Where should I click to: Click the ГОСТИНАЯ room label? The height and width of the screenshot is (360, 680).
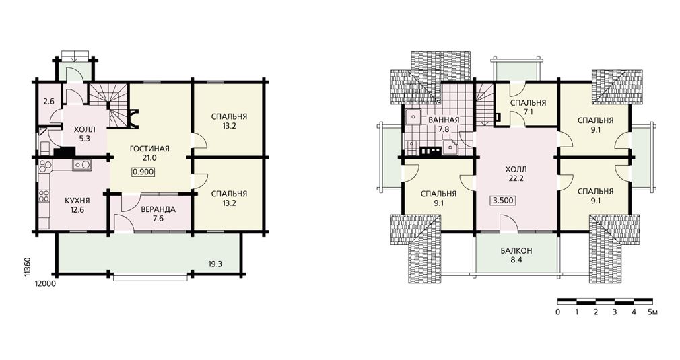click(x=149, y=149)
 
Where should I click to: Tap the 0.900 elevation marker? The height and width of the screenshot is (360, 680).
click(x=143, y=172)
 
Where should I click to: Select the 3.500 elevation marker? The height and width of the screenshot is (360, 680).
click(x=504, y=200)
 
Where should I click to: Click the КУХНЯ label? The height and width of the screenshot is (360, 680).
click(x=77, y=201)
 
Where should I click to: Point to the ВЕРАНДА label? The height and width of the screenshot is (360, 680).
click(x=158, y=209)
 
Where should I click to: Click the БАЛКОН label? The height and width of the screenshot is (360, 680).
click(x=516, y=251)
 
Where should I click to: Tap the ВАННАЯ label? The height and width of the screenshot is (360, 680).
click(x=443, y=120)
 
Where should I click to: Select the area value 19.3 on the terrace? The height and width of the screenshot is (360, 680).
click(x=215, y=263)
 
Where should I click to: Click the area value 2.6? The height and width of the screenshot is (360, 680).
click(x=49, y=102)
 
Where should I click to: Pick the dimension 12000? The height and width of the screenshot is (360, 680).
click(x=45, y=283)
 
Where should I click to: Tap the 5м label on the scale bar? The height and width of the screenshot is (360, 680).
click(x=652, y=312)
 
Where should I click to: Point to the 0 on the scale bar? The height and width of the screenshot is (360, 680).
click(x=557, y=312)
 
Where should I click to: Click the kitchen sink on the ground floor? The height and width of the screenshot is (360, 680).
click(x=81, y=165)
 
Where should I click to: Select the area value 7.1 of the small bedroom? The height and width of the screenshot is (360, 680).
click(x=528, y=112)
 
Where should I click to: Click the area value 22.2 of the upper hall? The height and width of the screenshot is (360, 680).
click(x=516, y=178)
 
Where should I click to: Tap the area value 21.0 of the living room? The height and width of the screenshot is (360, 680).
click(x=149, y=158)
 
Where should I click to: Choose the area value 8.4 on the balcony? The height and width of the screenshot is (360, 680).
click(x=516, y=260)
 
